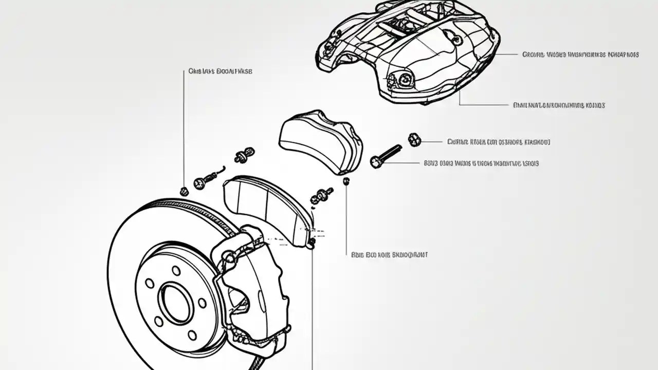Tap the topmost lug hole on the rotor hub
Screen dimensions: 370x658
[x=176, y=270]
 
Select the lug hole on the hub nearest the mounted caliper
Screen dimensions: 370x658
[x=203, y=303]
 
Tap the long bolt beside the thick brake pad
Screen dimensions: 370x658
[x=386, y=156]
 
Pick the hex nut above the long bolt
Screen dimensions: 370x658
[x=414, y=139]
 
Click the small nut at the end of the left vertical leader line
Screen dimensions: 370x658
[x=184, y=192]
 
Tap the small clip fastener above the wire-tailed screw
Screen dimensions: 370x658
[x=244, y=155]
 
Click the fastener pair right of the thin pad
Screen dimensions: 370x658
[x=322, y=195]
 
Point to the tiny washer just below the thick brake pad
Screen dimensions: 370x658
[x=346, y=180]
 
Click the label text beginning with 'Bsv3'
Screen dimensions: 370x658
[x=481, y=163]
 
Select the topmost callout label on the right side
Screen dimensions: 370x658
[x=580, y=54]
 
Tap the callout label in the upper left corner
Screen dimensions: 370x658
[x=220, y=71]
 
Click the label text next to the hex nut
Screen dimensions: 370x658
[x=498, y=141]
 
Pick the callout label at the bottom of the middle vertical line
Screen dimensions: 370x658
[x=389, y=254]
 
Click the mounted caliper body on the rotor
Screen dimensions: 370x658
[x=252, y=288]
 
